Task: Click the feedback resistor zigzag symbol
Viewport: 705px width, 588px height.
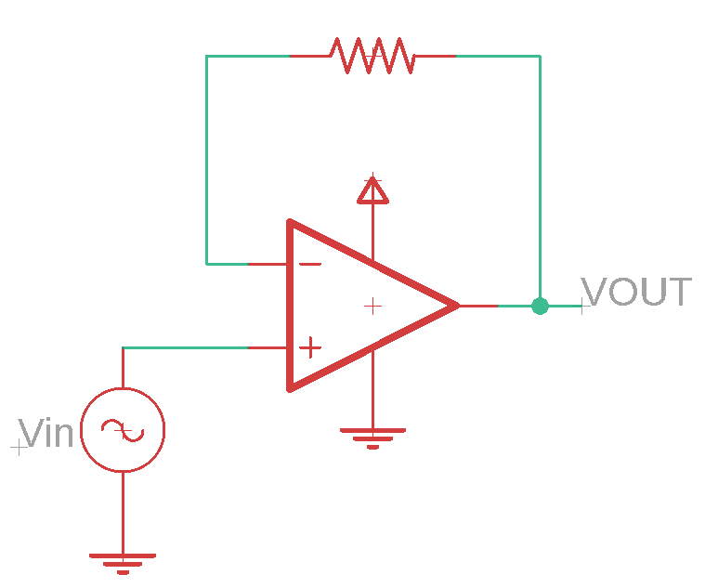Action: point(372,56)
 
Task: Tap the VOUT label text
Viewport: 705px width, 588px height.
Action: point(636,292)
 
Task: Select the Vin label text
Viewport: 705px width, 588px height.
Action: point(46,433)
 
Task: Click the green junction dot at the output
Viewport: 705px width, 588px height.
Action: point(540,307)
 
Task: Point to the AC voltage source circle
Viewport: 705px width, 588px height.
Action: point(123,388)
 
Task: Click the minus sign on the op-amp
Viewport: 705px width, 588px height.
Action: point(310,264)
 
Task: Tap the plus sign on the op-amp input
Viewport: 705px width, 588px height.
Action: point(310,347)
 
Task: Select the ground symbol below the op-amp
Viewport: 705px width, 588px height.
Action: point(372,438)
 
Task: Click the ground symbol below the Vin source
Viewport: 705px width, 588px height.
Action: point(123,564)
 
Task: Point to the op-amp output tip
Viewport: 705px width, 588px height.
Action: point(459,306)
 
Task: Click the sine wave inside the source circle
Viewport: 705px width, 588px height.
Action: point(123,430)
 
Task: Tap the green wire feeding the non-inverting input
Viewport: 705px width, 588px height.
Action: point(185,347)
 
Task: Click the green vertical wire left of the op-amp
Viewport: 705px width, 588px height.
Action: point(206,160)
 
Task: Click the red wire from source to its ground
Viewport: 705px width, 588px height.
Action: point(123,513)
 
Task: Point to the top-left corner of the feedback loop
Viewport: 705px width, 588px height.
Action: point(206,56)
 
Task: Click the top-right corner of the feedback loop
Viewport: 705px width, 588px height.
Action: point(540,56)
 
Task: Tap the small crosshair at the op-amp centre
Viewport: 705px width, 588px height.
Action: point(372,307)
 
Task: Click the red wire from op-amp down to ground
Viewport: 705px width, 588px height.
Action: point(372,389)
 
